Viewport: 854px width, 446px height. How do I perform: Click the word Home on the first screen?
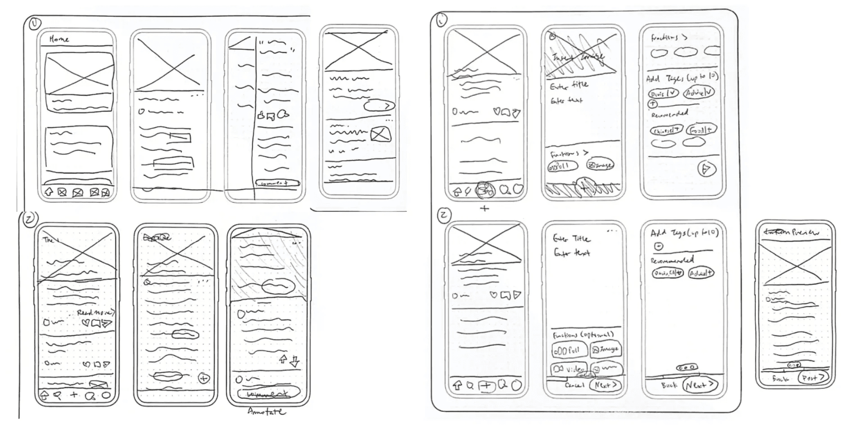pyautogui.click(x=59, y=39)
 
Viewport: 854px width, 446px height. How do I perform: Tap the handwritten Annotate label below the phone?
pyautogui.click(x=267, y=411)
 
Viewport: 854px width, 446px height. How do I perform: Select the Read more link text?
pyautogui.click(x=95, y=312)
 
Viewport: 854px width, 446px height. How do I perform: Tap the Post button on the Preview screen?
pyautogui.click(x=813, y=378)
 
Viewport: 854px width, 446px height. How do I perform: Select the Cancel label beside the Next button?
pyautogui.click(x=574, y=385)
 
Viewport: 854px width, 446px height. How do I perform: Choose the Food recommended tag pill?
pyautogui.click(x=701, y=130)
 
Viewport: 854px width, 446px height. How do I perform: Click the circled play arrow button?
pyautogui.click(x=706, y=169)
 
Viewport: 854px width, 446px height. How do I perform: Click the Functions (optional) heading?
pyautogui.click(x=583, y=335)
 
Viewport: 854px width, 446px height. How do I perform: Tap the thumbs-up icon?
pyautogui.click(x=261, y=116)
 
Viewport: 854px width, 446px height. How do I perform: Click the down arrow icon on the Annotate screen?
pyautogui.click(x=295, y=361)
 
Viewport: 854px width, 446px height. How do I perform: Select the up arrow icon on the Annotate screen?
pyautogui.click(x=283, y=359)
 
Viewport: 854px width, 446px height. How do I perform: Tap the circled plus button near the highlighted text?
pyautogui.click(x=204, y=379)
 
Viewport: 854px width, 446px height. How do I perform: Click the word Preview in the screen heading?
pyautogui.click(x=805, y=232)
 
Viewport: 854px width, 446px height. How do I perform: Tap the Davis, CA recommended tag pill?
pyautogui.click(x=668, y=273)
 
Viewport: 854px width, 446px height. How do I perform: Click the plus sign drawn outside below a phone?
pyautogui.click(x=484, y=208)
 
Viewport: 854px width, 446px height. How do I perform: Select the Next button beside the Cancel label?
pyautogui.click(x=606, y=385)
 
